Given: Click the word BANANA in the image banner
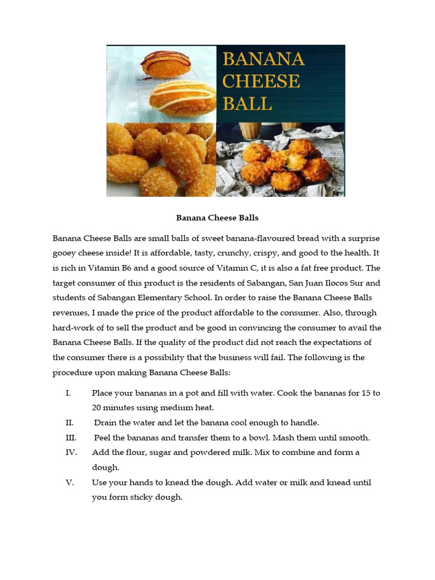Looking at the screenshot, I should (x=263, y=59).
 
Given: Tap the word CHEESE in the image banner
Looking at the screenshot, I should (x=261, y=82).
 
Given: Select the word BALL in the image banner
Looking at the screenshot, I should (x=247, y=104).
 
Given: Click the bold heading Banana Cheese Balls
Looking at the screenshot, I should (x=217, y=217).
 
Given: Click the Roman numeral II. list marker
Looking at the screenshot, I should (x=70, y=423).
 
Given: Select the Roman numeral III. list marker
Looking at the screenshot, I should (x=71, y=438).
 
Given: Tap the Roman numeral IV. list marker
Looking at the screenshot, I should (x=71, y=453).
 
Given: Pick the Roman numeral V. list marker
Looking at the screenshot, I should (x=70, y=483).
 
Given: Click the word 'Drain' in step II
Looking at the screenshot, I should (x=105, y=423).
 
